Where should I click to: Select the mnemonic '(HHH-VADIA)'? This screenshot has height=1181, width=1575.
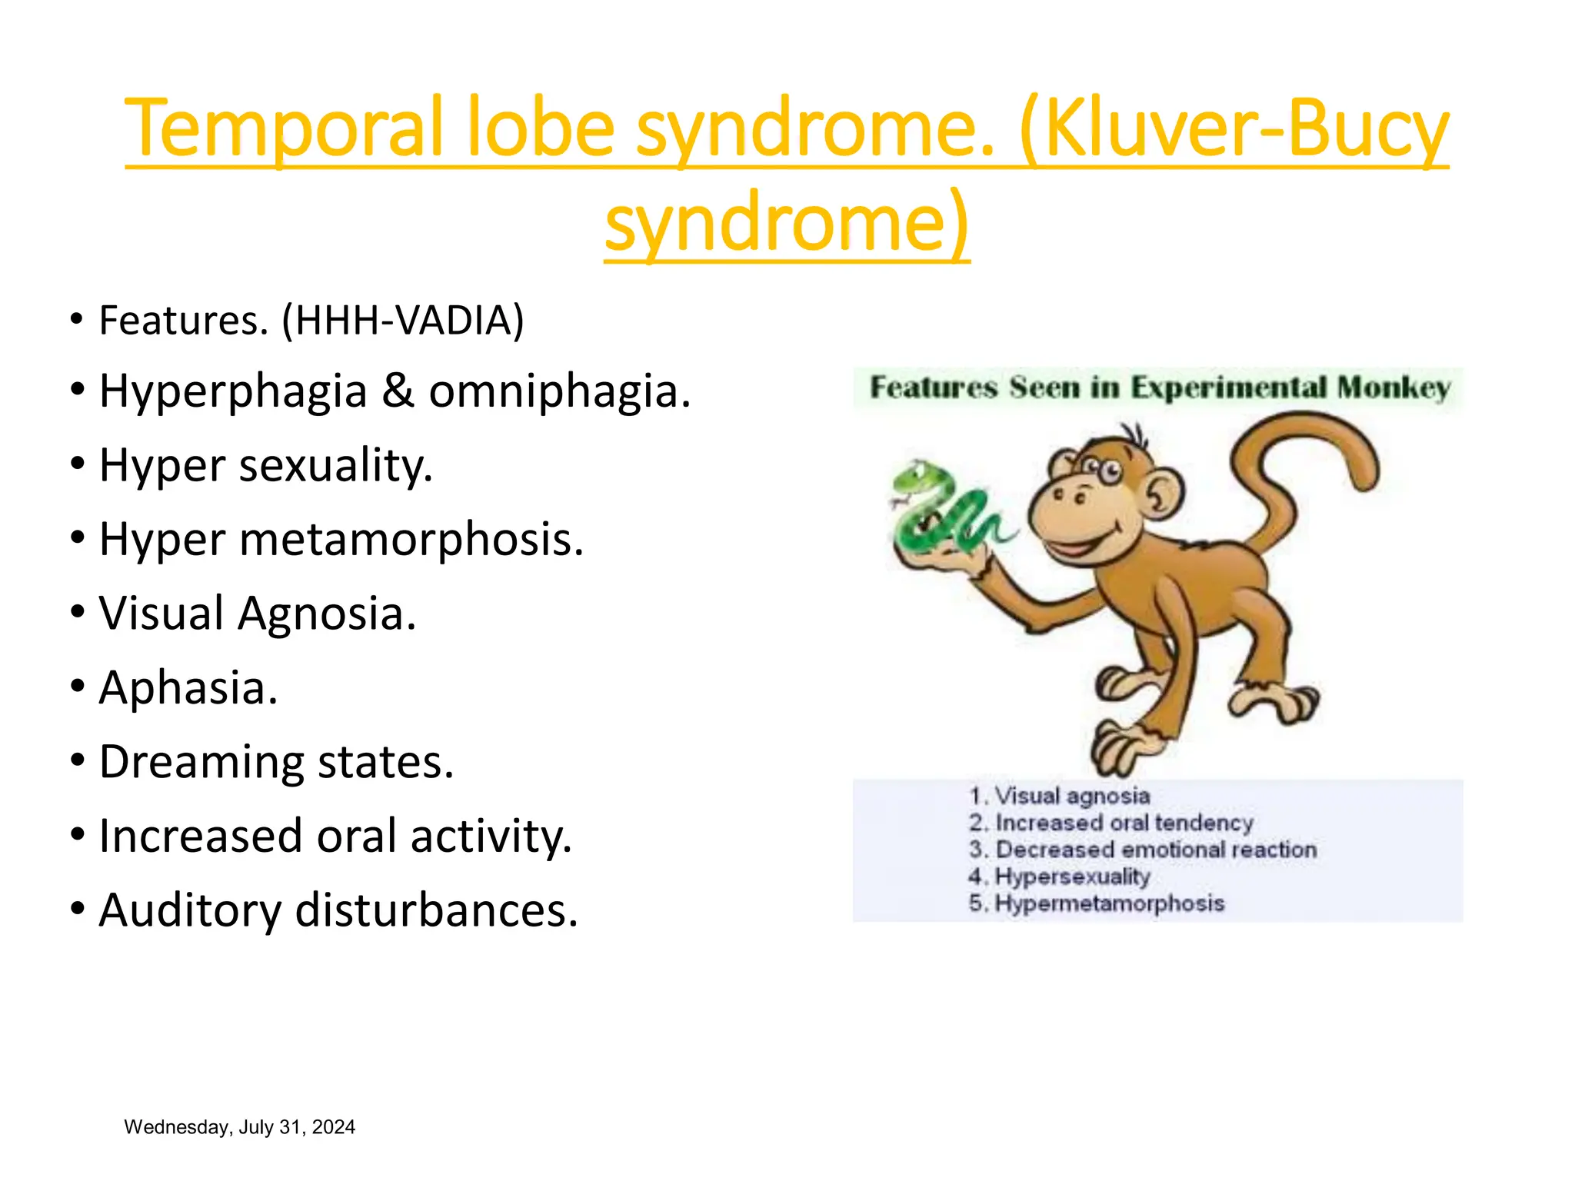point(402,321)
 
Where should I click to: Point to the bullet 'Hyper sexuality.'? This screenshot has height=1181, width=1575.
point(266,466)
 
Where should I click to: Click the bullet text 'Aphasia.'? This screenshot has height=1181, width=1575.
point(188,687)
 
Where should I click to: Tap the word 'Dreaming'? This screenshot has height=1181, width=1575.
point(201,762)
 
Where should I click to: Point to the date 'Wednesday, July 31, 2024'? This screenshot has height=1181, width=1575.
point(239,1127)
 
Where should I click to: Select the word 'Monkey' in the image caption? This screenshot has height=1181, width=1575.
point(1394,388)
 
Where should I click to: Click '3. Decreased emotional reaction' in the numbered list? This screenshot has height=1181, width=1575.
point(1143,850)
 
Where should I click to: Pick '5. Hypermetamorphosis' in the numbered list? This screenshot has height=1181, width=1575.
point(1097,903)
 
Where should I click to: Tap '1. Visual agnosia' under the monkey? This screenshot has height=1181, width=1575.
point(1060,796)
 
